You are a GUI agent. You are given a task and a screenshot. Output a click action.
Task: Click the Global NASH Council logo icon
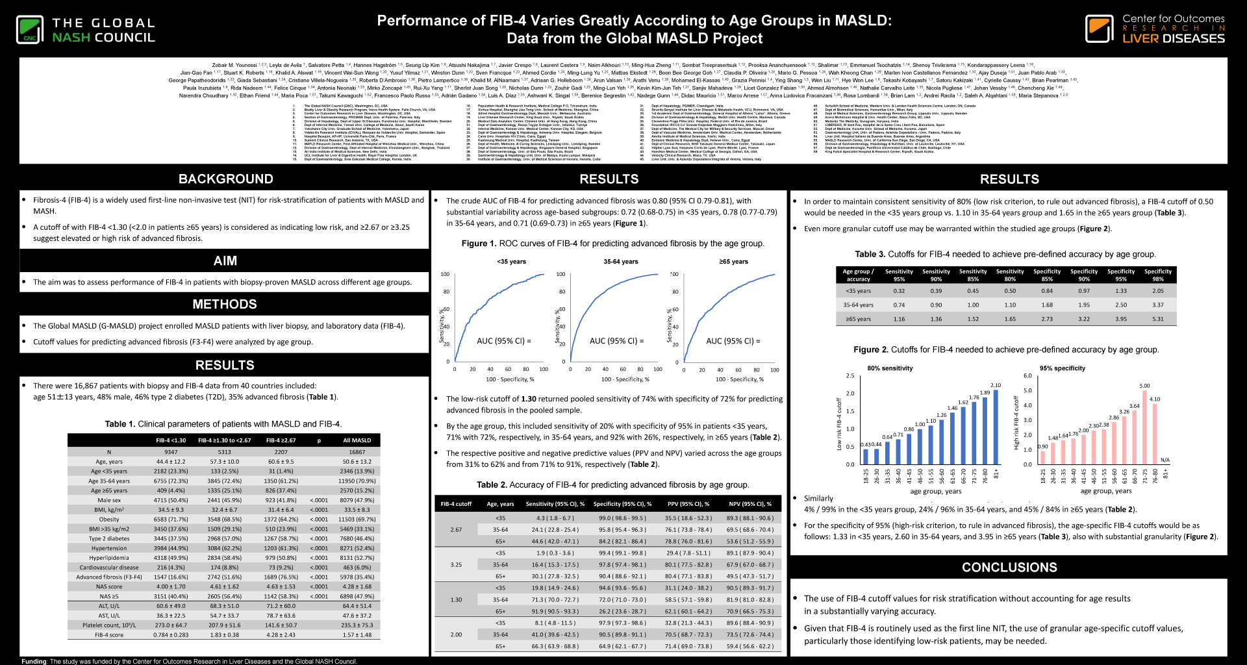[30, 30]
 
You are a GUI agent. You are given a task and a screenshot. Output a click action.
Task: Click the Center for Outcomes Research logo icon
[1099, 29]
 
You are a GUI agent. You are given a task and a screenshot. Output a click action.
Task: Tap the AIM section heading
[225, 261]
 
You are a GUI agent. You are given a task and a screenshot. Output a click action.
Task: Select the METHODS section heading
[225, 304]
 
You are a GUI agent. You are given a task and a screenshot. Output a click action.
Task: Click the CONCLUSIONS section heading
[1009, 568]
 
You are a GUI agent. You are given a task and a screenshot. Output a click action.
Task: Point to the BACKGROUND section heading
[225, 179]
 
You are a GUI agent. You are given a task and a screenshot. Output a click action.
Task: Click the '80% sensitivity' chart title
[890, 368]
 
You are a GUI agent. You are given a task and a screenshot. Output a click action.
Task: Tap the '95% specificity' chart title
[1062, 368]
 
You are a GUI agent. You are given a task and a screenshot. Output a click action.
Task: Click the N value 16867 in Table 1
[357, 452]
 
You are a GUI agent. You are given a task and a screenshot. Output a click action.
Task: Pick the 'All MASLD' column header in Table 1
[357, 440]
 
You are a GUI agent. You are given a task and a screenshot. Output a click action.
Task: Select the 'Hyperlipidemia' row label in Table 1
[109, 558]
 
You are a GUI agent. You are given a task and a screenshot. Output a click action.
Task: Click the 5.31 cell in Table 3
[1158, 319]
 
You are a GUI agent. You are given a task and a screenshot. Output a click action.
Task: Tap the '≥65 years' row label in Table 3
[858, 319]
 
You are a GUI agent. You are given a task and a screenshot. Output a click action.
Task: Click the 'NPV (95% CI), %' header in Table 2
[749, 504]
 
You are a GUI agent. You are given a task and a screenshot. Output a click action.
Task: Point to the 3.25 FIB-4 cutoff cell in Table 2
[456, 565]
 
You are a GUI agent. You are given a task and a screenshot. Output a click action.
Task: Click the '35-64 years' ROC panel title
[620, 262]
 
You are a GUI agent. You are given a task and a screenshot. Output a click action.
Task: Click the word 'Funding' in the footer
[34, 661]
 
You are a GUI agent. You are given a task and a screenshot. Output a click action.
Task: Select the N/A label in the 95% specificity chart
[1165, 460]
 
